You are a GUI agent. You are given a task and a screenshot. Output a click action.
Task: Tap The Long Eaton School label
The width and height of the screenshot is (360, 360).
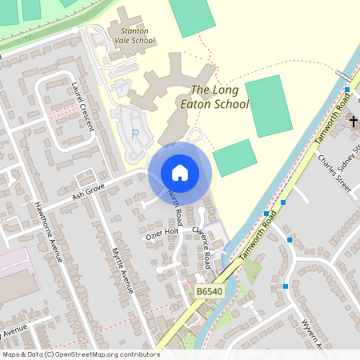pos(220,98)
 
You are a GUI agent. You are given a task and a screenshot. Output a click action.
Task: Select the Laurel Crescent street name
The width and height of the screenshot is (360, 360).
pos(82,107)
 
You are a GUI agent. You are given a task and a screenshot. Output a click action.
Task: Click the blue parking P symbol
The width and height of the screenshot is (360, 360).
pos(135,133)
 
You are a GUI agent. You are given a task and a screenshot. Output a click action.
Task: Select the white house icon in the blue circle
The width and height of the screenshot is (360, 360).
pos(179,172)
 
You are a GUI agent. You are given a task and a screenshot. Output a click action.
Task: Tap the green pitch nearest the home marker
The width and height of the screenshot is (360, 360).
pos(235,157)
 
